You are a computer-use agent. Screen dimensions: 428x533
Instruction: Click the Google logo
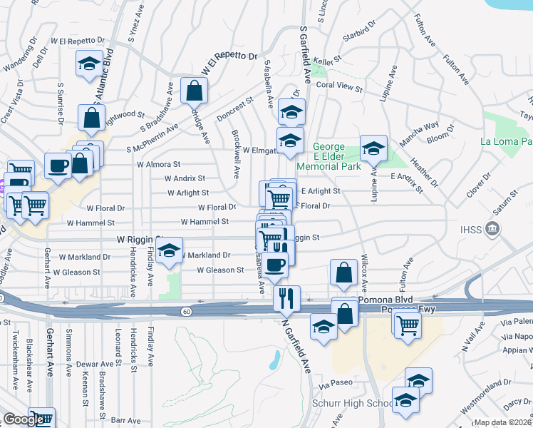(x=24, y=419)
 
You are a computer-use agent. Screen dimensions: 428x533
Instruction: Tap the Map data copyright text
(x=503, y=422)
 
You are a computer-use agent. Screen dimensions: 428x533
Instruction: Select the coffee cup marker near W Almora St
(x=58, y=167)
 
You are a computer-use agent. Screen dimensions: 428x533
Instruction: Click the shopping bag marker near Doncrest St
(x=194, y=91)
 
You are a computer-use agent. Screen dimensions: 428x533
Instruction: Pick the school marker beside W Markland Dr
(x=169, y=251)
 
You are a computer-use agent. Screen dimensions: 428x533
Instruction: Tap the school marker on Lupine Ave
(x=373, y=149)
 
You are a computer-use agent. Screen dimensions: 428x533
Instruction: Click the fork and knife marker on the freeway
(x=286, y=298)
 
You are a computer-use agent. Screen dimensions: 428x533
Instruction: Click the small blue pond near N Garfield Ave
(x=275, y=360)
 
